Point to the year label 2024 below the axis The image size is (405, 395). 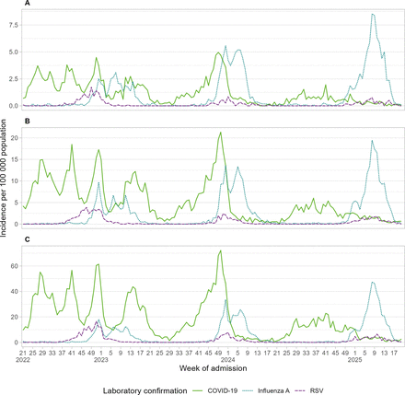pos(227,360)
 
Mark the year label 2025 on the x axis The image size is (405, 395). pos(354,360)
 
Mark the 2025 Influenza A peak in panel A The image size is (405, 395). pos(372,15)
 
